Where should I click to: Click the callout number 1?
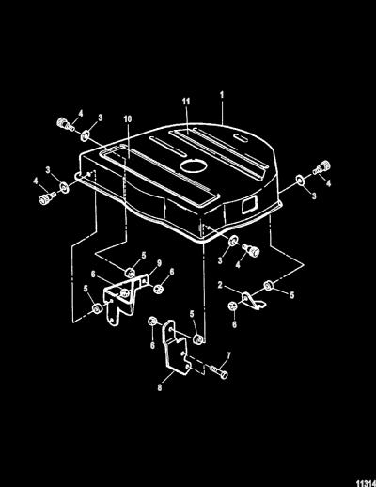pyautogui.click(x=222, y=95)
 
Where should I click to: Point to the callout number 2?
pyautogui.click(x=220, y=285)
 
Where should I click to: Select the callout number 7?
pyautogui.click(x=228, y=355)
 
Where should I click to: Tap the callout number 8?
pyautogui.click(x=160, y=388)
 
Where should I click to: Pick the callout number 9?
pyautogui.click(x=159, y=263)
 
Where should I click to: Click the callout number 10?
pyautogui.click(x=128, y=119)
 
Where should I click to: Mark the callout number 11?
pyautogui.click(x=186, y=102)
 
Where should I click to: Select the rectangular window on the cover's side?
pyautogui.click(x=250, y=205)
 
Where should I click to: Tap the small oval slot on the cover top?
pyautogui.click(x=241, y=137)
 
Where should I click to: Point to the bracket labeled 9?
pyautogui.click(x=124, y=299)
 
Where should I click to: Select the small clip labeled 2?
pyautogui.click(x=253, y=301)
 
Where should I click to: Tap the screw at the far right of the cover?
pyautogui.click(x=321, y=167)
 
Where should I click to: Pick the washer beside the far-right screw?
pyautogui.click(x=301, y=180)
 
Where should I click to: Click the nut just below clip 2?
pyautogui.click(x=232, y=306)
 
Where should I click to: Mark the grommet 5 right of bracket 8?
pyautogui.click(x=197, y=339)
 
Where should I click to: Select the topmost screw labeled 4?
pyautogui.click(x=65, y=124)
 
